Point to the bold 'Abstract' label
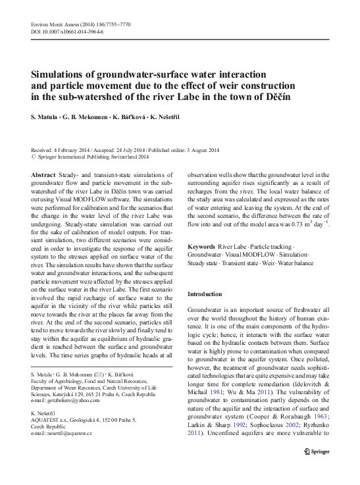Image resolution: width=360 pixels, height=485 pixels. [x=43, y=174]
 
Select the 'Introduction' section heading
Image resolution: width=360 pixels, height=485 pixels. [x=208, y=294]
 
